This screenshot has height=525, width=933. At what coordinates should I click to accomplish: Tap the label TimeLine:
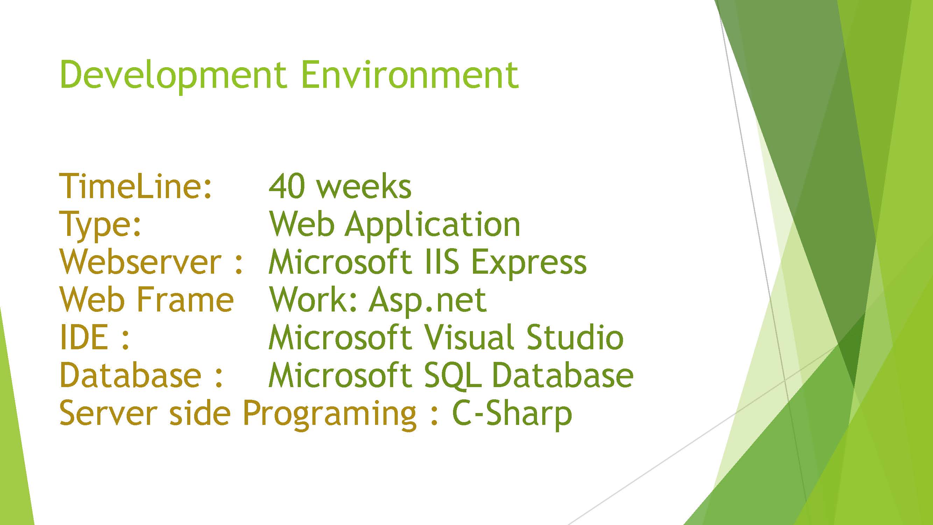click(x=135, y=186)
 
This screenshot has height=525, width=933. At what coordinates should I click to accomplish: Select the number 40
click(x=286, y=186)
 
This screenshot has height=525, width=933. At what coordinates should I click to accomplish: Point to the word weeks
click(x=363, y=186)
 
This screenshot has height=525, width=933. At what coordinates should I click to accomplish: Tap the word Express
click(x=529, y=264)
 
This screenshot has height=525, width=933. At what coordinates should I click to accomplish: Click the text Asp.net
click(x=428, y=302)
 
